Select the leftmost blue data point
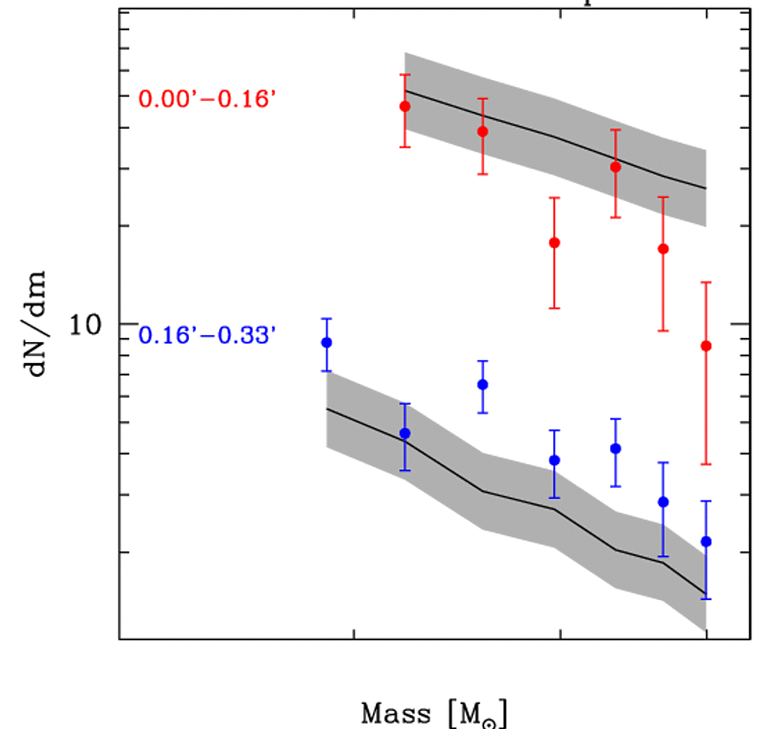pyautogui.click(x=326, y=343)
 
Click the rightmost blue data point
pyautogui.click(x=706, y=542)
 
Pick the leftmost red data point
pyautogui.click(x=404, y=106)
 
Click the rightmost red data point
pyautogui.click(x=706, y=346)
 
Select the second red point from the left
pyautogui.click(x=483, y=131)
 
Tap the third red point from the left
pyautogui.click(x=555, y=242)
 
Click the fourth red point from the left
pyautogui.click(x=615, y=167)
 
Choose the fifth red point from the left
pyautogui.click(x=663, y=249)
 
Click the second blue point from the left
pyautogui.click(x=404, y=434)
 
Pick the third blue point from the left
pyautogui.click(x=483, y=385)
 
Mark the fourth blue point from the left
pyautogui.click(x=555, y=460)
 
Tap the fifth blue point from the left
pyautogui.click(x=615, y=448)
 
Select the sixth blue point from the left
pyautogui.click(x=663, y=502)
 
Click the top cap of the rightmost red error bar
pyautogui.click(x=706, y=282)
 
